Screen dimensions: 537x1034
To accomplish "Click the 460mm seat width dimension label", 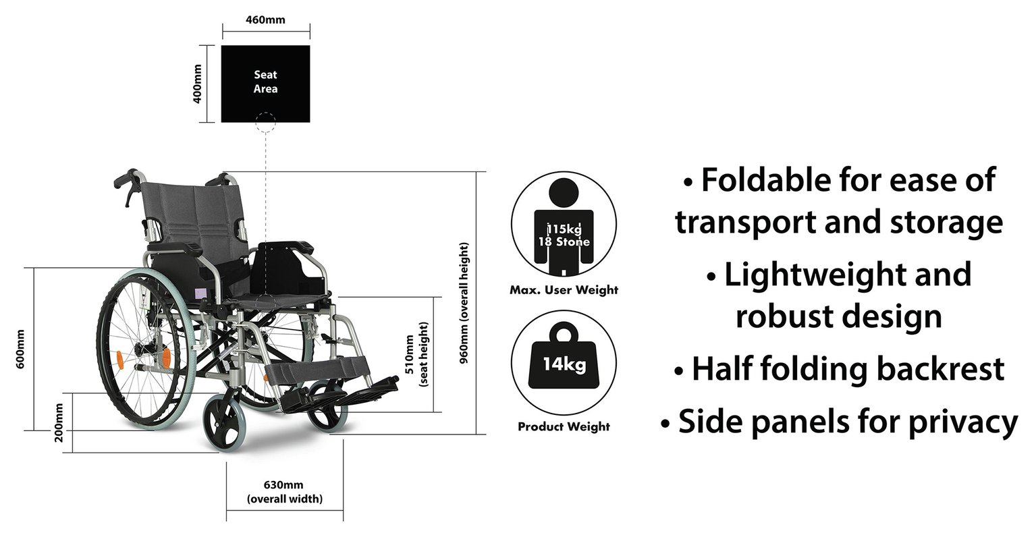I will tap(265, 20).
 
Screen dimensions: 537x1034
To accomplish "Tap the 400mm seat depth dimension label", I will tap(198, 84).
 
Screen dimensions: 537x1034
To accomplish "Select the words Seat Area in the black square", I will tap(265, 82).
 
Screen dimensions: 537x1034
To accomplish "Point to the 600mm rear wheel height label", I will tap(20, 349).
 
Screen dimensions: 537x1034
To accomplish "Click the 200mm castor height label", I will tap(59, 422).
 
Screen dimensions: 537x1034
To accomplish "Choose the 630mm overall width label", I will tap(284, 492).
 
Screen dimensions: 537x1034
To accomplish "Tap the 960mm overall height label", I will tap(465, 304).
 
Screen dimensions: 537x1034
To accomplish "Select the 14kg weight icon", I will tap(564, 365).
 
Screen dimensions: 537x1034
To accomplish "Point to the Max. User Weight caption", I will tap(564, 290).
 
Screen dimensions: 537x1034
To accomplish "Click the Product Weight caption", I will tap(564, 426).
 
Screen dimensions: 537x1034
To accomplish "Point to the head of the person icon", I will tap(564, 193).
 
